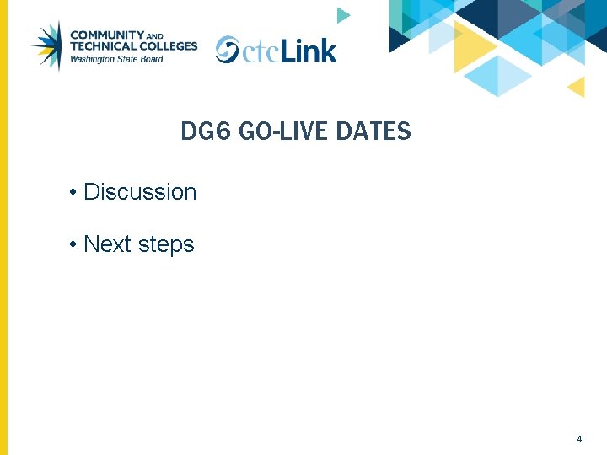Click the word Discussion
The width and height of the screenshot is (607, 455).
tap(140, 192)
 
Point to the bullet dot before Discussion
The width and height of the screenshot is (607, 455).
tap(75, 193)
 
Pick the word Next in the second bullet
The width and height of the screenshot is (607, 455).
tap(106, 244)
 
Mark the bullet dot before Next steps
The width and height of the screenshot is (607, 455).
tap(75, 245)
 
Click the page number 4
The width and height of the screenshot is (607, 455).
tap(579, 439)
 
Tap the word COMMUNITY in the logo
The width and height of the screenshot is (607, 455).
tap(108, 35)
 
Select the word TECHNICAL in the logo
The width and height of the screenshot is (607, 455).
tap(103, 46)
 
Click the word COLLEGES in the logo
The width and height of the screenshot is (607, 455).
tap(169, 46)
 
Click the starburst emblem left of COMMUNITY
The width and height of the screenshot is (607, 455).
tap(47, 45)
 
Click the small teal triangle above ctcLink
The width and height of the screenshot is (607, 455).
tap(341, 15)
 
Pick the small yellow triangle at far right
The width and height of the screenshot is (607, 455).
tap(577, 86)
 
